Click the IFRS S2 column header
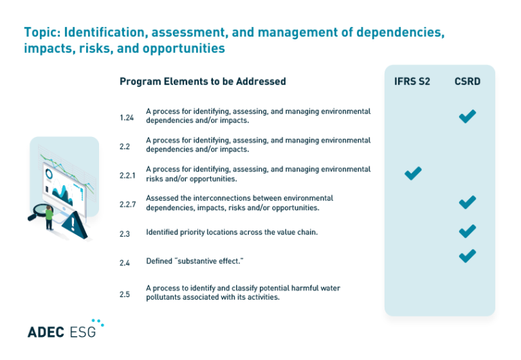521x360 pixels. pos(412,81)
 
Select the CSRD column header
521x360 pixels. pos(467,81)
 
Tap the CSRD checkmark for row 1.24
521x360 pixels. pos(467,116)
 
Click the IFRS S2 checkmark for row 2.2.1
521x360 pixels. pos(413,174)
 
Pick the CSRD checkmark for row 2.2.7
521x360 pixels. pos(467,202)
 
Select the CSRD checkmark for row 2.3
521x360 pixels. pos(467,231)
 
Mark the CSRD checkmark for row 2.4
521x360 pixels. pos(467,256)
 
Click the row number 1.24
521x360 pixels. pos(127,117)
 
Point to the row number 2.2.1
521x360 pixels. pos(128,176)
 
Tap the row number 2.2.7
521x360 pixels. pos(128,204)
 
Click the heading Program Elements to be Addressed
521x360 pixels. pos(203,81)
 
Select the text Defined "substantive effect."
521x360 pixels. pos(185,261)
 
